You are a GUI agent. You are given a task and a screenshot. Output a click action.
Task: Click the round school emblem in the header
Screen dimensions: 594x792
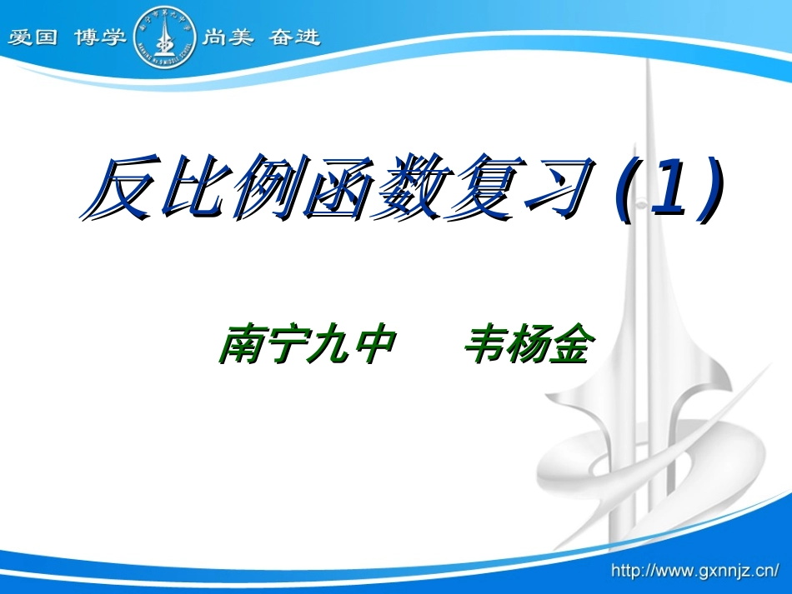pos(165,36)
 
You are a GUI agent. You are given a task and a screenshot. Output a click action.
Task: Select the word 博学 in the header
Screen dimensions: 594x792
pos(99,37)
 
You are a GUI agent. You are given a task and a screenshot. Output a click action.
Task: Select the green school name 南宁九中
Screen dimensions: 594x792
pos(305,344)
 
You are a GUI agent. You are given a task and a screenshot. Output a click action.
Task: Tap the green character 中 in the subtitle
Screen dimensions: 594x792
pos(371,344)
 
